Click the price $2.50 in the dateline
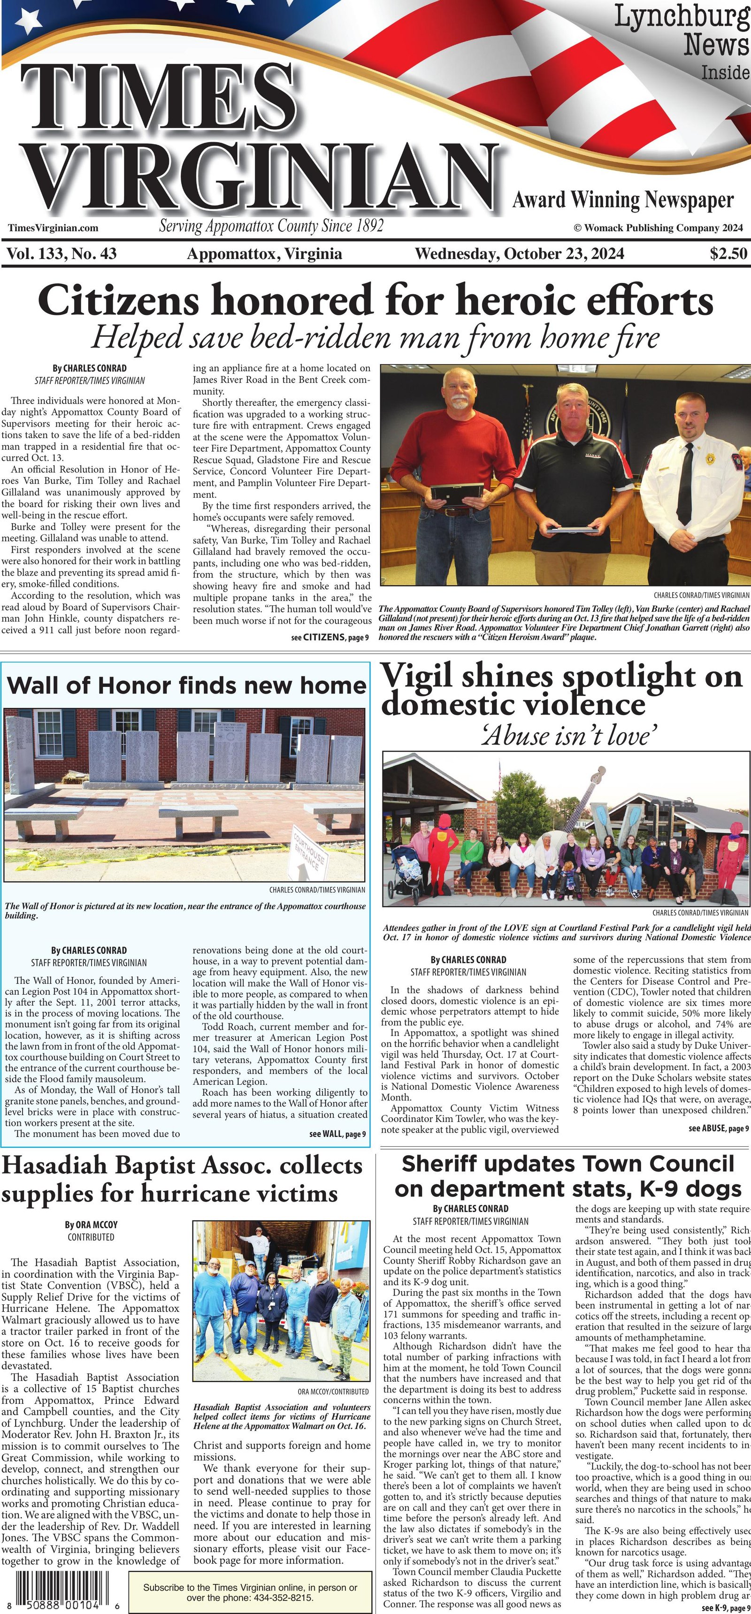click(728, 254)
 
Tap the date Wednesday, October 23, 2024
click(519, 254)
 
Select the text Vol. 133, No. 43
click(61, 254)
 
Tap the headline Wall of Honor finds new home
click(187, 685)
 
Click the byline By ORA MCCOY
click(91, 1224)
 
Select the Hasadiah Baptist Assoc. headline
click(182, 1179)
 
